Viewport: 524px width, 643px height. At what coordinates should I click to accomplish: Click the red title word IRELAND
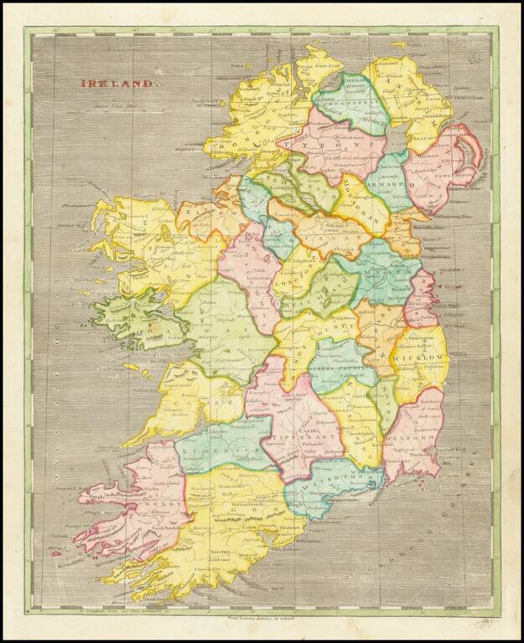[x=118, y=83]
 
